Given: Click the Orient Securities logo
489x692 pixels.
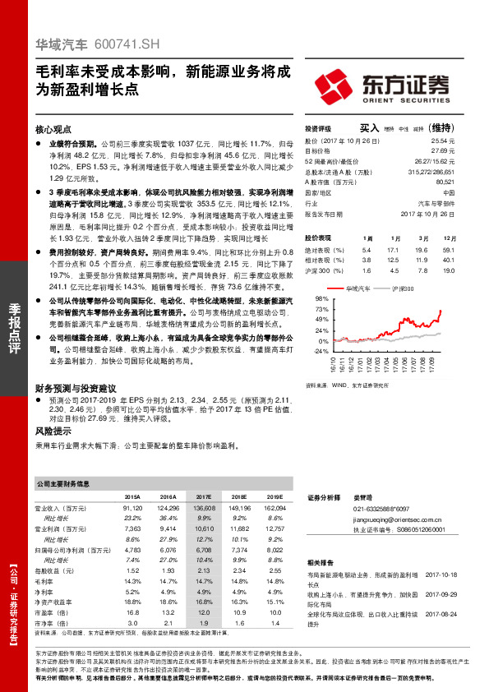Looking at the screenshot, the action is click(381, 85).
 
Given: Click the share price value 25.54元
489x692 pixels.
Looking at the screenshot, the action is click(442, 142).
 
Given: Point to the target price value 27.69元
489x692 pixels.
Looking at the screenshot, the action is click(442, 151).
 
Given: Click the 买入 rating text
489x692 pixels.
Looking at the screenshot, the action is click(369, 128).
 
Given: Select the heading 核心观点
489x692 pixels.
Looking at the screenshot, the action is click(54, 130).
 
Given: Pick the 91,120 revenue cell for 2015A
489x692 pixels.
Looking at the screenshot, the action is click(131, 509).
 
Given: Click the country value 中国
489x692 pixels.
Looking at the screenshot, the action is click(448, 192).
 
